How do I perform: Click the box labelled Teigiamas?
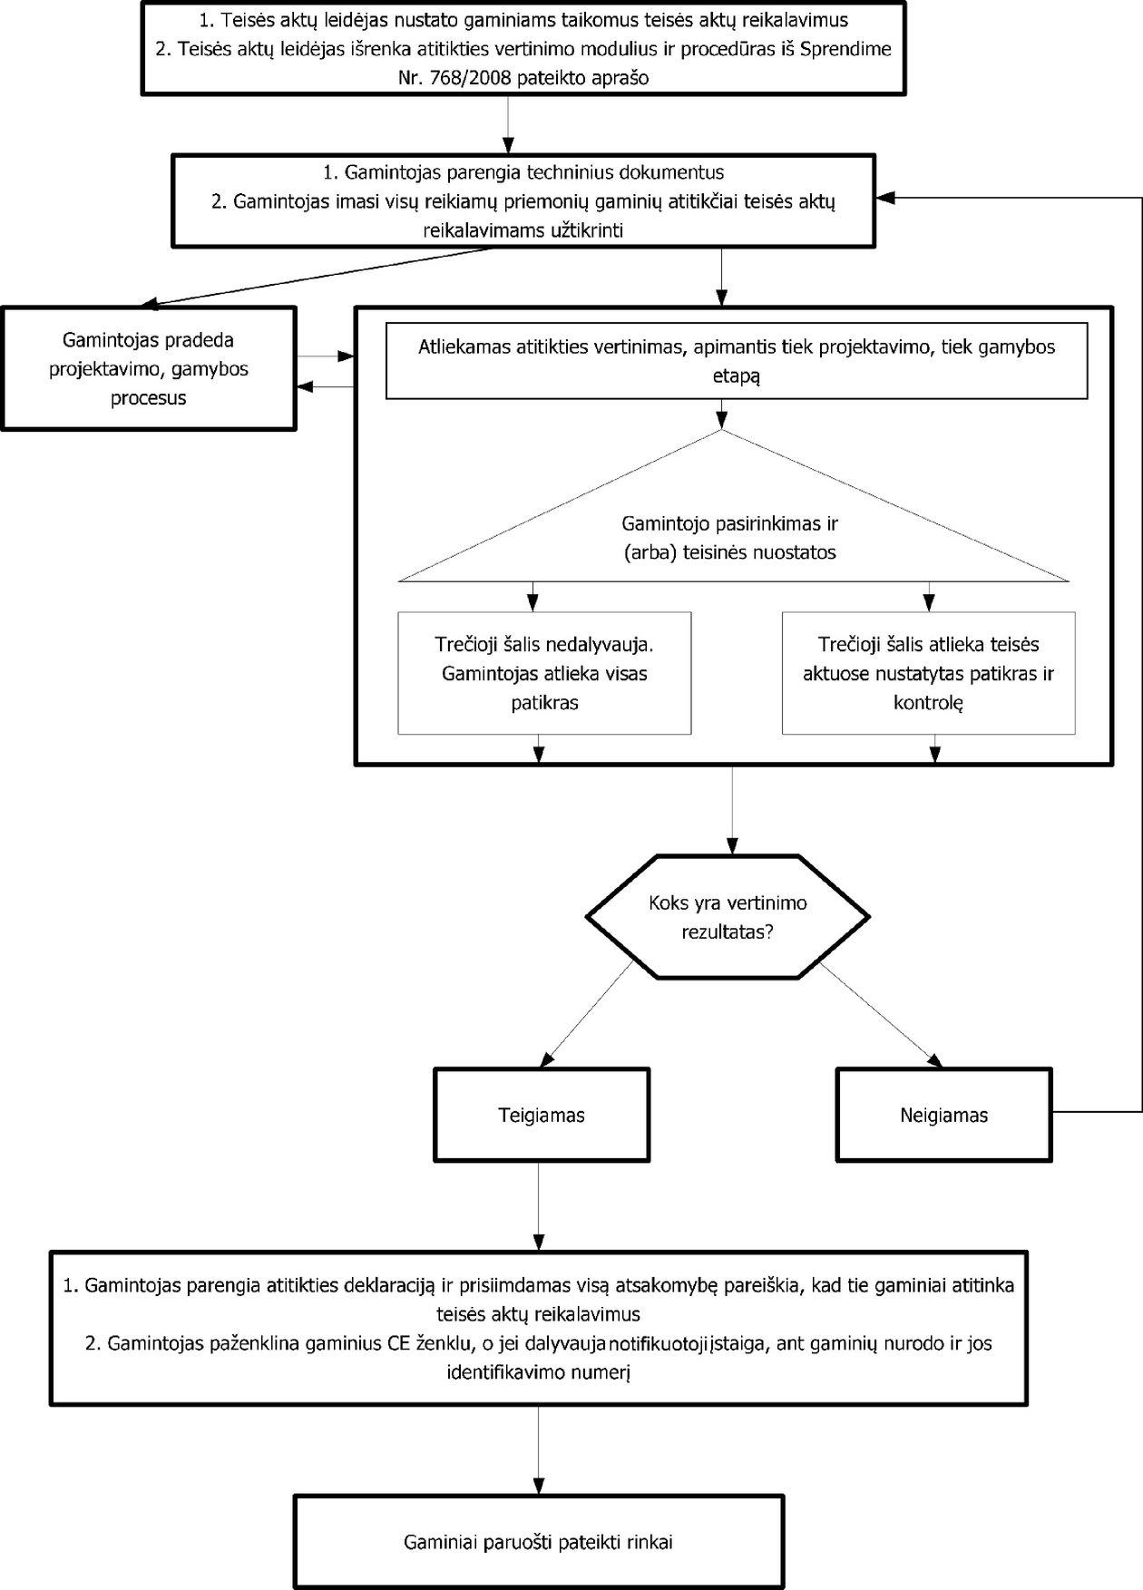coord(542,1115)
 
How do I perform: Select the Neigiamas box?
coord(943,1115)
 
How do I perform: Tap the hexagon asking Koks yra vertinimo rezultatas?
coord(728,916)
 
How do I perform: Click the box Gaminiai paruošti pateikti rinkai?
coord(539,1541)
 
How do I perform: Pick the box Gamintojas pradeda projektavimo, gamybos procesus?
coord(149,368)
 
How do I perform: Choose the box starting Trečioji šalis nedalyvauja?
coord(544,673)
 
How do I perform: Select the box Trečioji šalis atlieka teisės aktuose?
coord(928,673)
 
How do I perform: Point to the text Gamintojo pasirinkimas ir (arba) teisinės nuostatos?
coord(729,538)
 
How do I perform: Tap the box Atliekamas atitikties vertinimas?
coord(737,360)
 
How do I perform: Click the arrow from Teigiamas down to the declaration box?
coord(539,1207)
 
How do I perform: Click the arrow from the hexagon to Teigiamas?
coord(587,1013)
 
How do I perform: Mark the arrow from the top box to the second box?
coord(508,123)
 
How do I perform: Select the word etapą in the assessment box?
coord(736,375)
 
